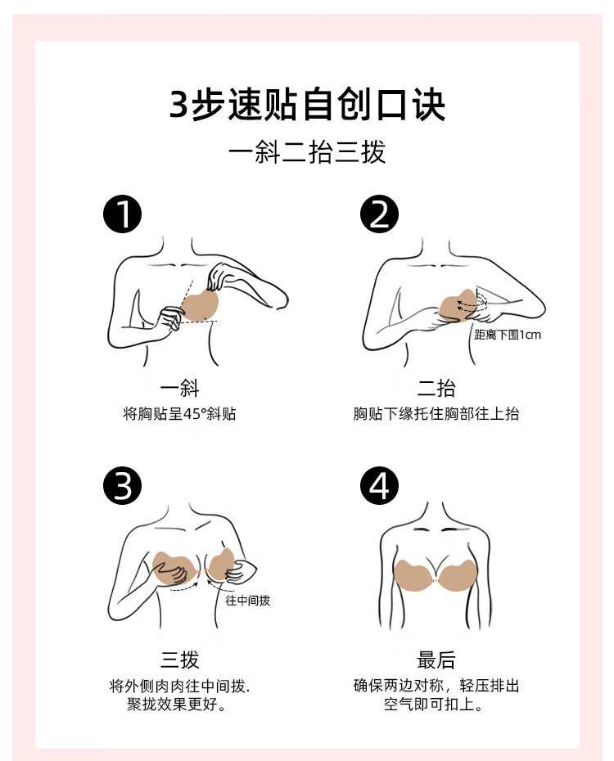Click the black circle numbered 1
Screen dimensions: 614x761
[122, 214]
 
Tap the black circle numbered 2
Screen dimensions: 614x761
[379, 214]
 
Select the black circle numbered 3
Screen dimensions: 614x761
[122, 485]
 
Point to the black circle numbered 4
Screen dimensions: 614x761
[379, 485]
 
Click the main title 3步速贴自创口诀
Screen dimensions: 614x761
[307, 105]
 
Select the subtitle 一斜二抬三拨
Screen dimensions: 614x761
[307, 152]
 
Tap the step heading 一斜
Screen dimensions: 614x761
[179, 388]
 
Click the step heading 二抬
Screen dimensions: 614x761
[436, 388]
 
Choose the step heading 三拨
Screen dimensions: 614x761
[179, 660]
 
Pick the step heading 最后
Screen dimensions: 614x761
[436, 660]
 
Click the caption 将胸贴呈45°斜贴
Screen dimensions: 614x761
[179, 414]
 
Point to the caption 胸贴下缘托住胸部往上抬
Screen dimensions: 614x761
[436, 414]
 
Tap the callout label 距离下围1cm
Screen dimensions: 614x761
[508, 335]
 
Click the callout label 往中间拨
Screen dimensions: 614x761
[247, 601]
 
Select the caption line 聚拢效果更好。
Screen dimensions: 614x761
[177, 704]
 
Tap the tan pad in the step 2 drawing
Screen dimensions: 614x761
[458, 306]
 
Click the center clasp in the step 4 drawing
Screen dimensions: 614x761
[436, 580]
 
